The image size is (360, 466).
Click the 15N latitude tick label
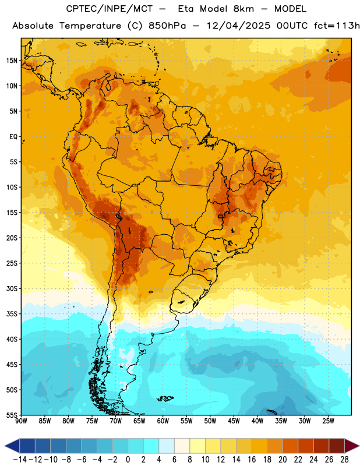pyautogui.click(x=12, y=61)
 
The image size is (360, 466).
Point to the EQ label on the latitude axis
pyautogui.click(x=13, y=137)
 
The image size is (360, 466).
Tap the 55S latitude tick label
pyautogui.click(x=12, y=415)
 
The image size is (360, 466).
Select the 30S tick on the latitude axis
pyautogui.click(x=12, y=288)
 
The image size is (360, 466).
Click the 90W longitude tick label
pyautogui.click(x=21, y=421)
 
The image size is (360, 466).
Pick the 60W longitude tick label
pyautogui.click(x=163, y=421)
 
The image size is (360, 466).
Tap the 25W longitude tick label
pyautogui.click(x=328, y=421)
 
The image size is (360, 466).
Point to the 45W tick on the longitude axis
pyautogui.click(x=234, y=421)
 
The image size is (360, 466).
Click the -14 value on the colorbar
pyautogui.click(x=20, y=460)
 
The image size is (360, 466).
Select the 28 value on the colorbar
pyautogui.click(x=344, y=460)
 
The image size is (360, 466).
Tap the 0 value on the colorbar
pyautogui.click(x=128, y=460)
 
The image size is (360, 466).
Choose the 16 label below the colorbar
pyautogui.click(x=252, y=460)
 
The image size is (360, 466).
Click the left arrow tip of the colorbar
pyautogui.click(x=5, y=446)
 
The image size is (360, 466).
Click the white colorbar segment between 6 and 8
pyautogui.click(x=182, y=446)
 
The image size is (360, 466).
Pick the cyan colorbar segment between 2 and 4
pyautogui.click(x=151, y=446)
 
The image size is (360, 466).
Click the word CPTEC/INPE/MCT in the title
pyautogui.click(x=110, y=9)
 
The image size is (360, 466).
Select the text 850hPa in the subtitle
pyautogui.click(x=167, y=26)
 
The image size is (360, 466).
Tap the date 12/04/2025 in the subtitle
pyautogui.click(x=238, y=26)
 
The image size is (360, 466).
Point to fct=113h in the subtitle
pyautogui.click(x=337, y=26)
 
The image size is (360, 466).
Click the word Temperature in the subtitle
pyautogui.click(x=90, y=26)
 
